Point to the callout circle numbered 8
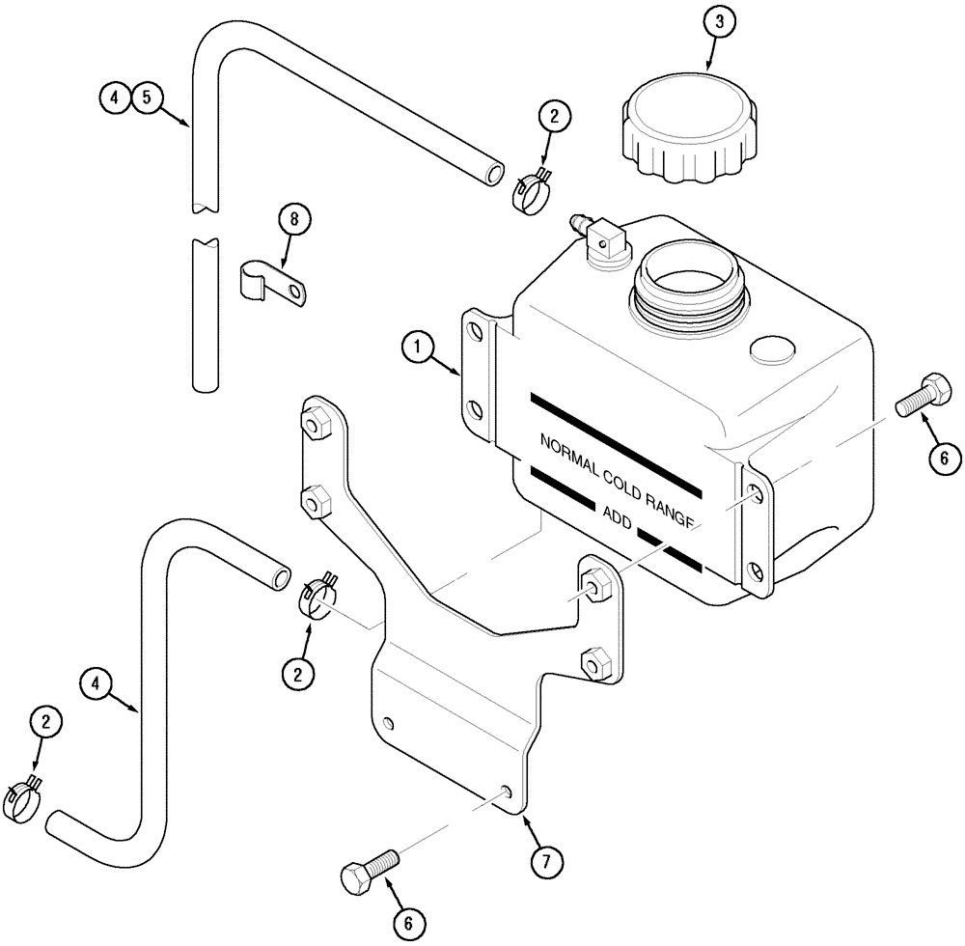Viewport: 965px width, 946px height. tap(294, 219)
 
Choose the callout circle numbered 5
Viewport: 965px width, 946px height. tap(148, 97)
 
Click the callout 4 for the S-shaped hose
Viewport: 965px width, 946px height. tap(97, 684)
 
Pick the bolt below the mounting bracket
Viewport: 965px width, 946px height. tap(370, 869)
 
